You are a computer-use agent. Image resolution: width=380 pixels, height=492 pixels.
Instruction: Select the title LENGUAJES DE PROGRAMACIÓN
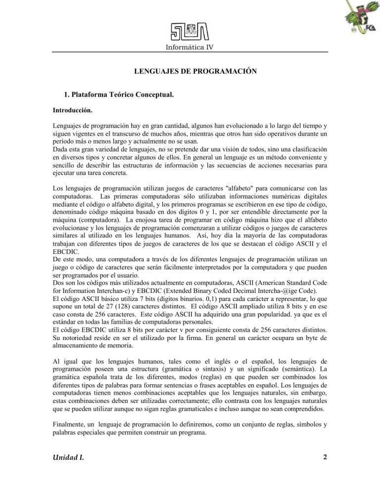[195, 72]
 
